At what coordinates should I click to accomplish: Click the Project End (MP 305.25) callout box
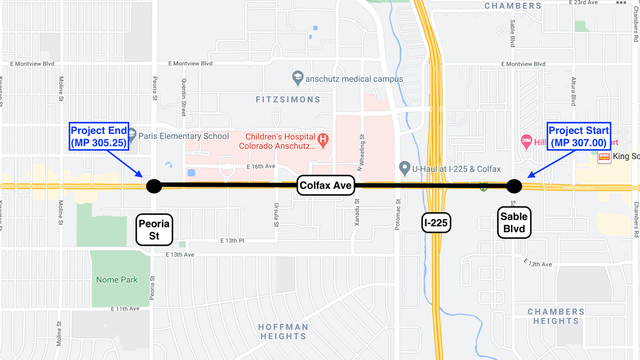99,136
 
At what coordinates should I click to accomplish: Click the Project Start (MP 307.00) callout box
579,136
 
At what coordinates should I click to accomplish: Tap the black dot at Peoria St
154,186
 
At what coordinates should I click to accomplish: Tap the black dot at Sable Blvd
514,186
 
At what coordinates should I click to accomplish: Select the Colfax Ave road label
325,186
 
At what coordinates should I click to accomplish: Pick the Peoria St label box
155,229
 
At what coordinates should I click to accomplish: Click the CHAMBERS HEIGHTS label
556,317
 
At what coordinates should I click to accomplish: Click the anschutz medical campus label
355,78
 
